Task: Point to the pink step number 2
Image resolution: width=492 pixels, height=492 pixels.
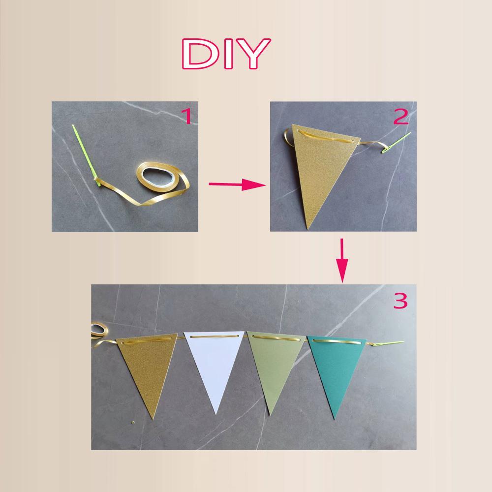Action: [400, 117]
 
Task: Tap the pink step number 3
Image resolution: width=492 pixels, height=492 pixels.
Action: [400, 301]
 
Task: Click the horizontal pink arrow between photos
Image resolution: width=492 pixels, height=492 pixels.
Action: [237, 184]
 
